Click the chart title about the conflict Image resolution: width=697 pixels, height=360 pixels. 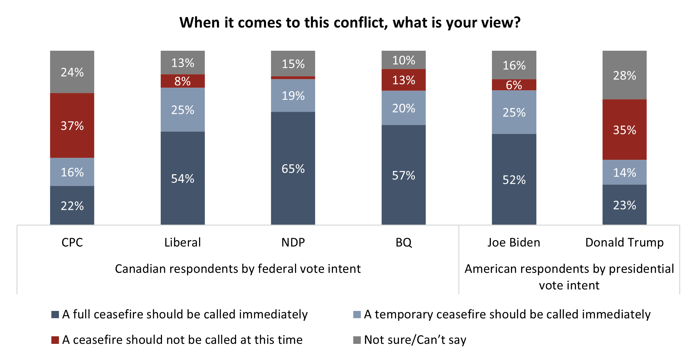tap(350, 23)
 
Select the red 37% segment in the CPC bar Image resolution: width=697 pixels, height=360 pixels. tap(72, 125)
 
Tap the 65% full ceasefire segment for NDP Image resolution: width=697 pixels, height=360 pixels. tap(293, 168)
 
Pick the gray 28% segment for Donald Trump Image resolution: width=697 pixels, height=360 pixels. tap(624, 75)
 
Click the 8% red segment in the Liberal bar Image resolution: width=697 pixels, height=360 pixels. tap(182, 81)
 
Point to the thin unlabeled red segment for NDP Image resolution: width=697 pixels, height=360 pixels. tap(293, 78)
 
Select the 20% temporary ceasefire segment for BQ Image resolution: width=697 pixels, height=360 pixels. tap(403, 108)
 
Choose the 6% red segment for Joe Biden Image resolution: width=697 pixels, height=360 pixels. tap(514, 85)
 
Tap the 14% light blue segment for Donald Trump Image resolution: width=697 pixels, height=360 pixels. tap(624, 172)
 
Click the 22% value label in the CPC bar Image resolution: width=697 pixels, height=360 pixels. tap(72, 206)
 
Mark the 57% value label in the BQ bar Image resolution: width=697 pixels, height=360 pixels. tap(403, 175)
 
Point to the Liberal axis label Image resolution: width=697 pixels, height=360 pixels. tap(182, 242)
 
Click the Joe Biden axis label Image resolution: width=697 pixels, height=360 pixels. tap(514, 242)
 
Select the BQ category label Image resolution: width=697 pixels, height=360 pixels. tap(403, 242)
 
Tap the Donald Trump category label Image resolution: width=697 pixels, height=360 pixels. tap(624, 242)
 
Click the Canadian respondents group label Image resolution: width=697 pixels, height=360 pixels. tap(238, 269)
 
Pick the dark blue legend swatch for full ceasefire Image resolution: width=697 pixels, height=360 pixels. tap(55, 315)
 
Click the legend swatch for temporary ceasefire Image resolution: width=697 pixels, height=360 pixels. tap(357, 315)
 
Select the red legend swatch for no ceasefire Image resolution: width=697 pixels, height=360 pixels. tap(55, 340)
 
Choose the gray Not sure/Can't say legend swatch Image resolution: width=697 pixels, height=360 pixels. tap(357, 340)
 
